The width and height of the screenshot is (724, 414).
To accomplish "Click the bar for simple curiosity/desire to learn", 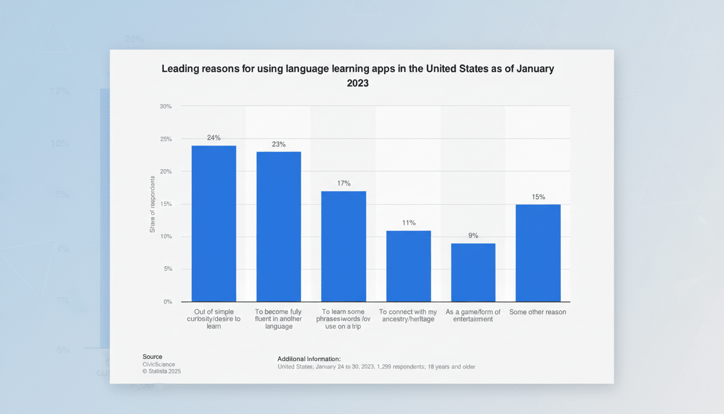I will (x=214, y=224).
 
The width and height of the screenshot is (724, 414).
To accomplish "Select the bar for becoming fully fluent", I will (x=279, y=226).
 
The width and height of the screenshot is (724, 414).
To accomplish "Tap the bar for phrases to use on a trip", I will (x=344, y=246).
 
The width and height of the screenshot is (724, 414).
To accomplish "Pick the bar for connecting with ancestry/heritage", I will (x=408, y=266).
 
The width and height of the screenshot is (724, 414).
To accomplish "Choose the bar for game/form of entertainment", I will (x=473, y=272).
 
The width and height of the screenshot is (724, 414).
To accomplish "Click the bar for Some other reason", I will (x=538, y=253).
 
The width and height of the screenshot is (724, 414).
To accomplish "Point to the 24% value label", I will (x=214, y=138).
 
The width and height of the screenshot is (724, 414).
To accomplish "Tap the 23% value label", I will (x=279, y=144).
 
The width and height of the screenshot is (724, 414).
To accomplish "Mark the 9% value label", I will (x=473, y=236).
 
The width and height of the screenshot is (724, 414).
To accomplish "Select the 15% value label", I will (x=538, y=197).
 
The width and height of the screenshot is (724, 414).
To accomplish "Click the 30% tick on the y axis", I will (x=166, y=106).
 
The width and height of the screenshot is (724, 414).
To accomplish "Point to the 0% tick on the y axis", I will (x=168, y=302).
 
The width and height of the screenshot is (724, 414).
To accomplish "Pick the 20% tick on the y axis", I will (x=166, y=171).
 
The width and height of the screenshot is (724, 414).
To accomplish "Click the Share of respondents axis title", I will (x=152, y=204).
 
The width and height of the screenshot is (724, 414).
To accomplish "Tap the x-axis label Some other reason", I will (x=538, y=312).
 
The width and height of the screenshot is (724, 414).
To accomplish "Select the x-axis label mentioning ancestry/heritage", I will (x=408, y=315).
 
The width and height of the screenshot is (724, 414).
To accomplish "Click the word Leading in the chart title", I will (x=179, y=69).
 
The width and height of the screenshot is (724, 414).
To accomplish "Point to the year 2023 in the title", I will (x=358, y=84).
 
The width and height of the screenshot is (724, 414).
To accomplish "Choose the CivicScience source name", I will (x=158, y=364).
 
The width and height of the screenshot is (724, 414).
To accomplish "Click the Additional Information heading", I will (x=309, y=358).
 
